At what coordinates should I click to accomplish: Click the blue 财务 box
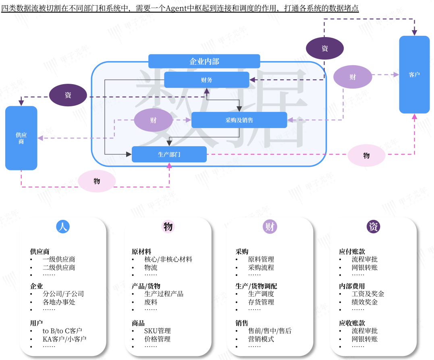click(207, 80)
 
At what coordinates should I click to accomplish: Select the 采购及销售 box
click(239, 120)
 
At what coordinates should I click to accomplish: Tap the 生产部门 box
click(169, 154)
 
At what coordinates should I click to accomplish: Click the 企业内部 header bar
click(204, 61)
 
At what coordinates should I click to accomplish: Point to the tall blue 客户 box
click(414, 75)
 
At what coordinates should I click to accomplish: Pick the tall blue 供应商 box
click(21, 138)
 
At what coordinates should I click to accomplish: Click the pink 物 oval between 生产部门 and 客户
click(366, 155)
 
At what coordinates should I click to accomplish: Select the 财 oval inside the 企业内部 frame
click(153, 120)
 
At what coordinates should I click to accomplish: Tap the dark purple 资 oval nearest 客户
click(325, 49)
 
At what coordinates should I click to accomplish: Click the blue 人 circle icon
click(63, 227)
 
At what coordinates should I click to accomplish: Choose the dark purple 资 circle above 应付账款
click(374, 227)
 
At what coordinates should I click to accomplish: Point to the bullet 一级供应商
click(59, 259)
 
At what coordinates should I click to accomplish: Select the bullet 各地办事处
click(59, 302)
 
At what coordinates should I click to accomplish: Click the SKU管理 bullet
click(158, 331)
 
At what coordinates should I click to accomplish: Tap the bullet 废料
click(151, 302)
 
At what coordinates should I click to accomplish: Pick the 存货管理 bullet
click(261, 302)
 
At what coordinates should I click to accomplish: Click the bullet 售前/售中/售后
click(270, 331)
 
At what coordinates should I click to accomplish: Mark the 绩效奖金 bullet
click(365, 302)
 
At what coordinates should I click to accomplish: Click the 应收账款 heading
click(352, 323)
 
